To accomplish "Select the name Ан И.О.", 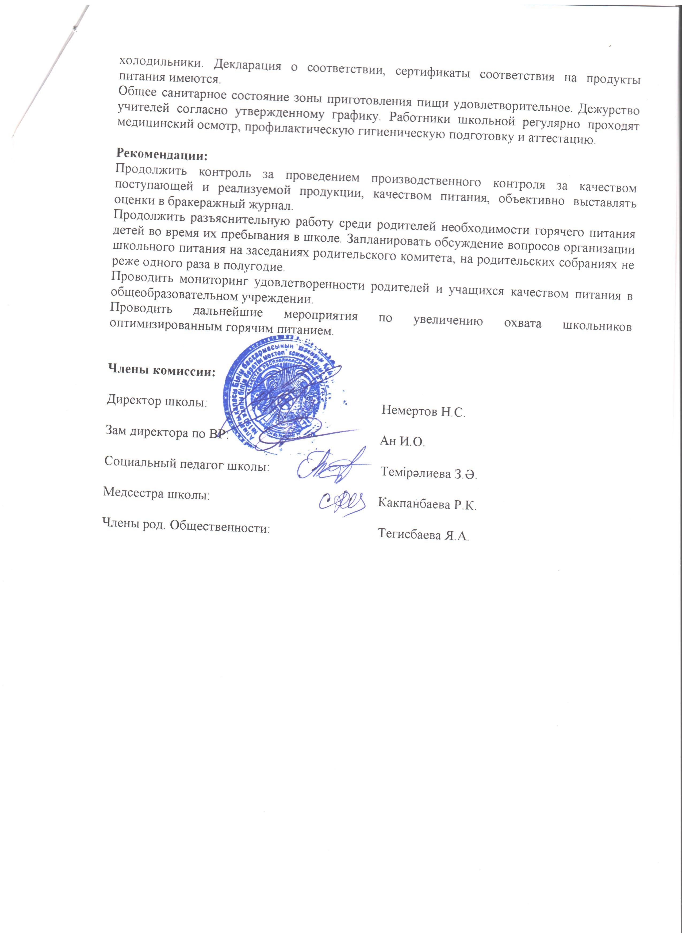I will point(402,441).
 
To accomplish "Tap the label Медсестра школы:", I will point(156,493).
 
